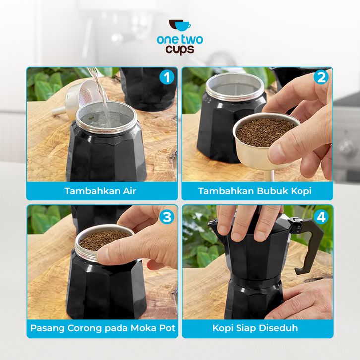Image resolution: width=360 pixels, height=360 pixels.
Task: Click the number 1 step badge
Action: click(166, 77)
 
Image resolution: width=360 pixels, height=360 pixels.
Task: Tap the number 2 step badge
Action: click(321, 77)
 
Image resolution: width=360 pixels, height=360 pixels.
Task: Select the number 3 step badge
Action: click(167, 217)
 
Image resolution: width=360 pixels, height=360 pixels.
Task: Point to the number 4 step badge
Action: click(321, 217)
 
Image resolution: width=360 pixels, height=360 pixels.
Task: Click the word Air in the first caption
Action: click(129, 191)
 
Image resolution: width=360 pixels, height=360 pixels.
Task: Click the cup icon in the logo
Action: click(180, 25)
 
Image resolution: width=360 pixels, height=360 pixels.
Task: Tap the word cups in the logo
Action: click(180, 50)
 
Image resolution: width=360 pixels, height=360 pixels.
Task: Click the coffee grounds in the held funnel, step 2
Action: click(265, 131)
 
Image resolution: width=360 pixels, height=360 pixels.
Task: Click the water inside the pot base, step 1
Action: click(105, 119)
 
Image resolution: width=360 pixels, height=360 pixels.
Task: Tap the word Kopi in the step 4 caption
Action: click(223, 328)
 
